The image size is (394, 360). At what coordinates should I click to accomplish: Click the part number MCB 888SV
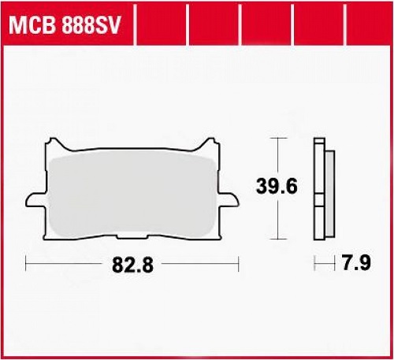coord(65,25)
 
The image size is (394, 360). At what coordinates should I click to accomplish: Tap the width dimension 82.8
coord(132,265)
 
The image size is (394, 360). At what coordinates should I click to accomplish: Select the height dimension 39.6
coord(277,186)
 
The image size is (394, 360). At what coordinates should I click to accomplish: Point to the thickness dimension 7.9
coord(356,263)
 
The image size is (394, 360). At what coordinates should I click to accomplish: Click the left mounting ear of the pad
coord(36,201)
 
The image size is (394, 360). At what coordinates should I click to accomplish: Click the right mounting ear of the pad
coord(229,201)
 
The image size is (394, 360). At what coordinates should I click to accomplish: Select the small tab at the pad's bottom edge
coord(132,237)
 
